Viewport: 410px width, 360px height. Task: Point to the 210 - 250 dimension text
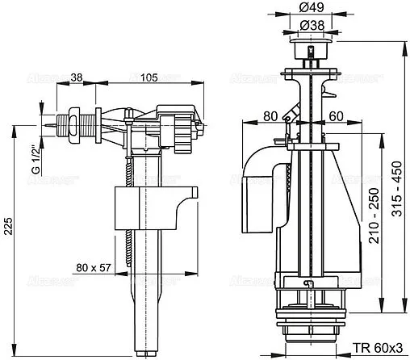(x=372, y=216)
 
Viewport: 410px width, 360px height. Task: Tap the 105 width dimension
(x=149, y=77)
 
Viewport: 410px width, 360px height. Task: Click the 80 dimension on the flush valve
(x=272, y=115)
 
